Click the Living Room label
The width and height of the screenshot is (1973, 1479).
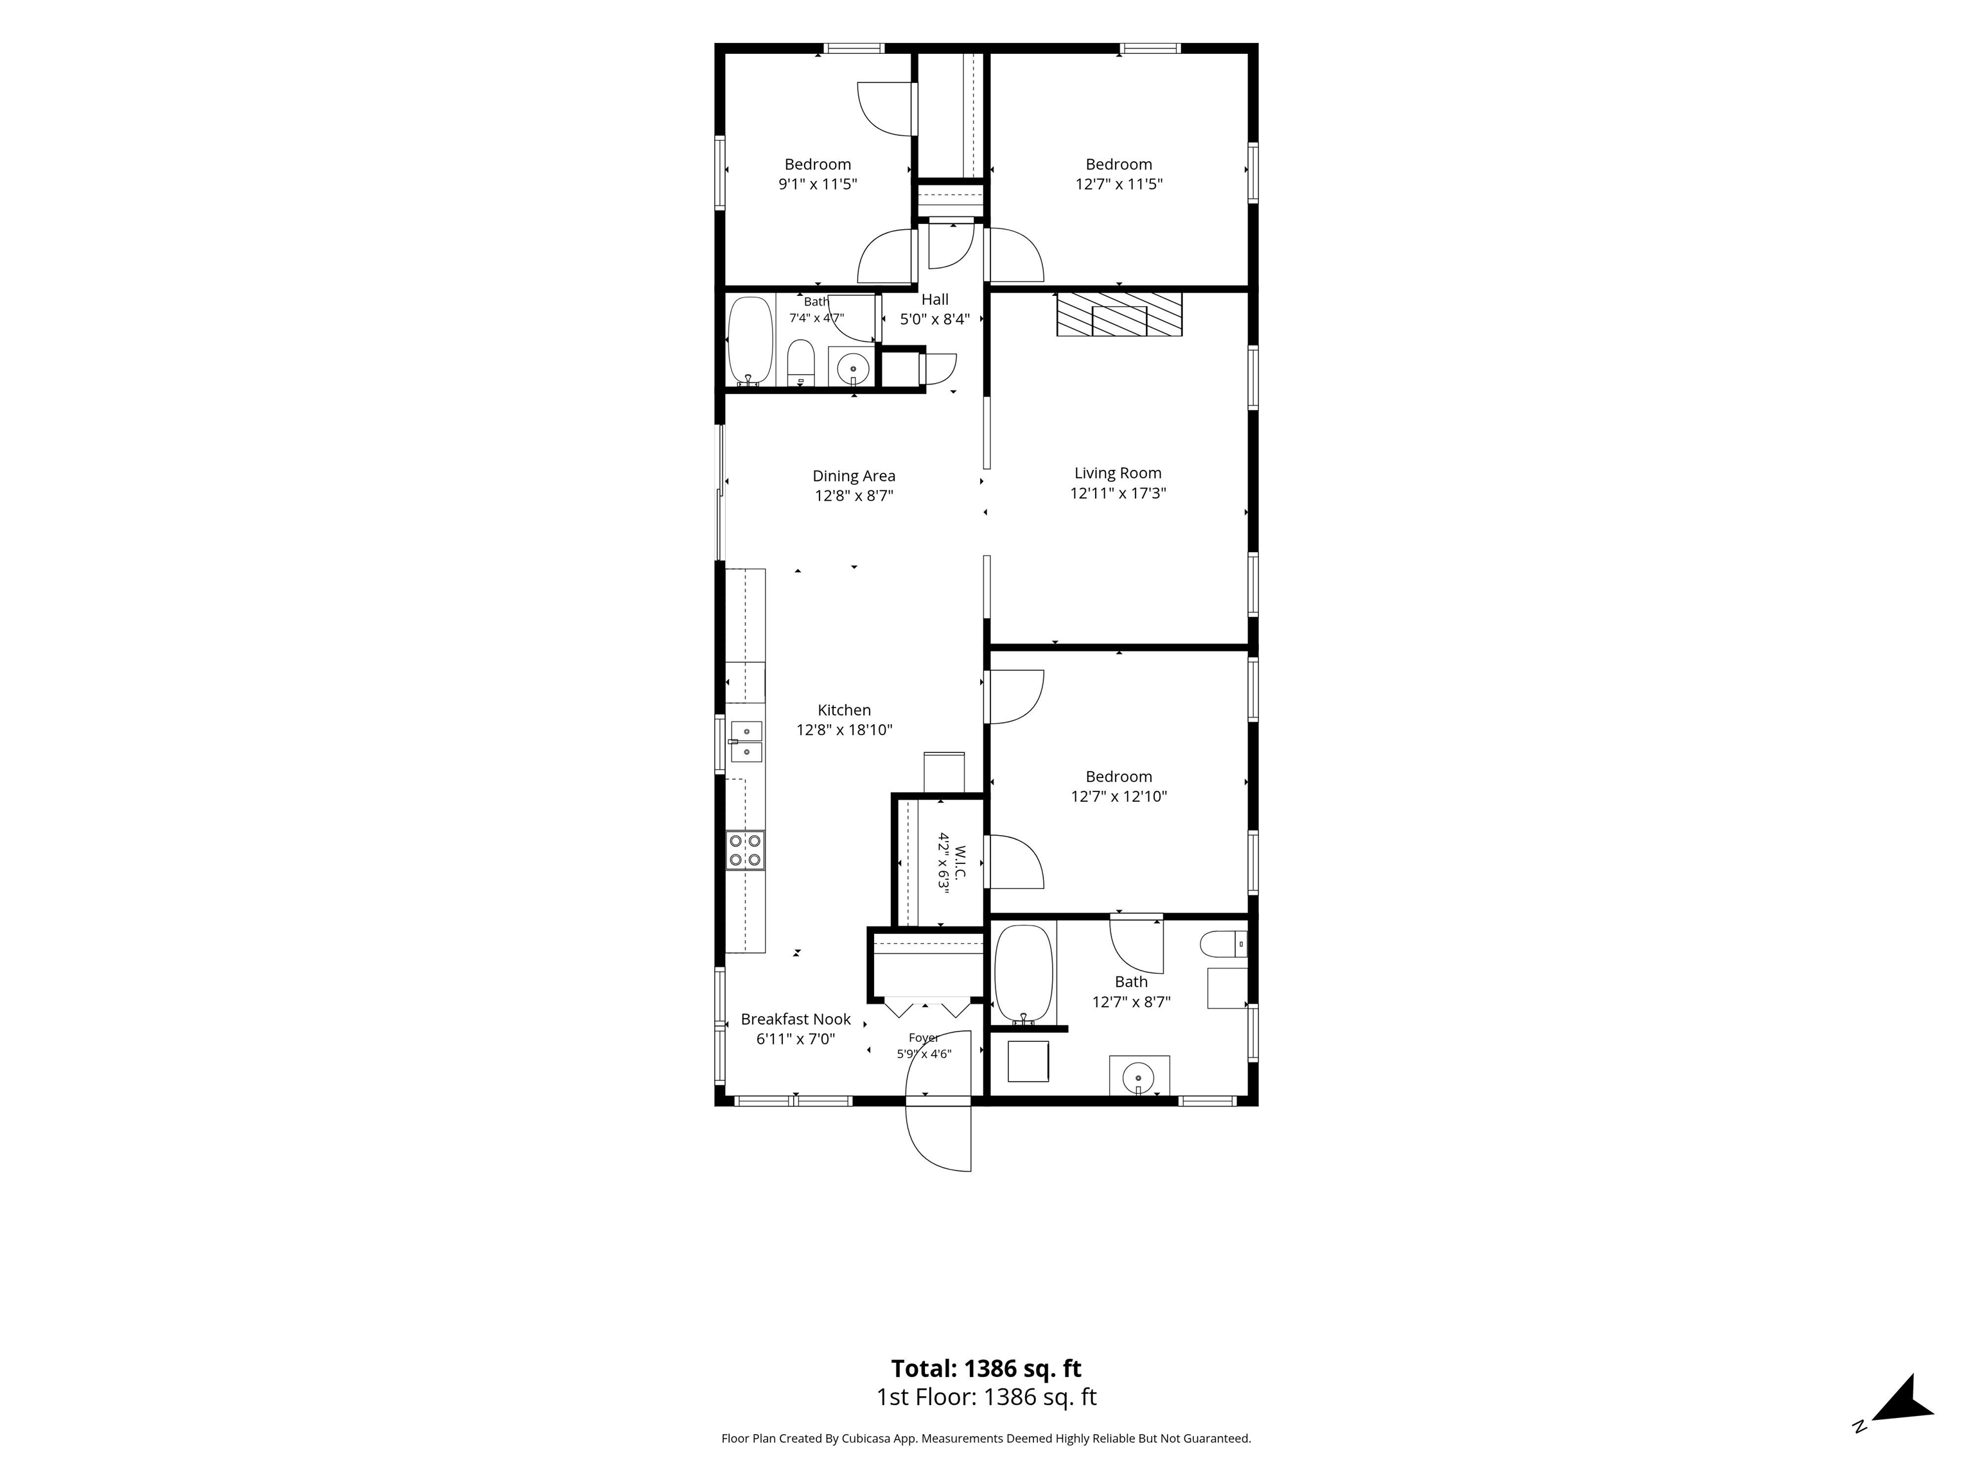(1118, 473)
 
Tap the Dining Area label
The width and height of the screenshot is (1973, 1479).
(854, 476)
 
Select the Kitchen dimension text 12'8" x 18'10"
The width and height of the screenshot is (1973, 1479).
(844, 730)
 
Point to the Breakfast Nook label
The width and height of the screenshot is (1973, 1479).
(796, 1019)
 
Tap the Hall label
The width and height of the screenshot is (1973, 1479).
(934, 300)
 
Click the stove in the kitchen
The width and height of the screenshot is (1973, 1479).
(745, 850)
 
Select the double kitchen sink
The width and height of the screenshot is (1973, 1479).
(746, 741)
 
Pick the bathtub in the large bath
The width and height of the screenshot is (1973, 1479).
(1024, 974)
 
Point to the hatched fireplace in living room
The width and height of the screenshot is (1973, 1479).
(1119, 314)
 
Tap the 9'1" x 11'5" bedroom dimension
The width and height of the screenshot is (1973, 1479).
(818, 184)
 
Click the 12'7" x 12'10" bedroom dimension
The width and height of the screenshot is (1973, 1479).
(1119, 796)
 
